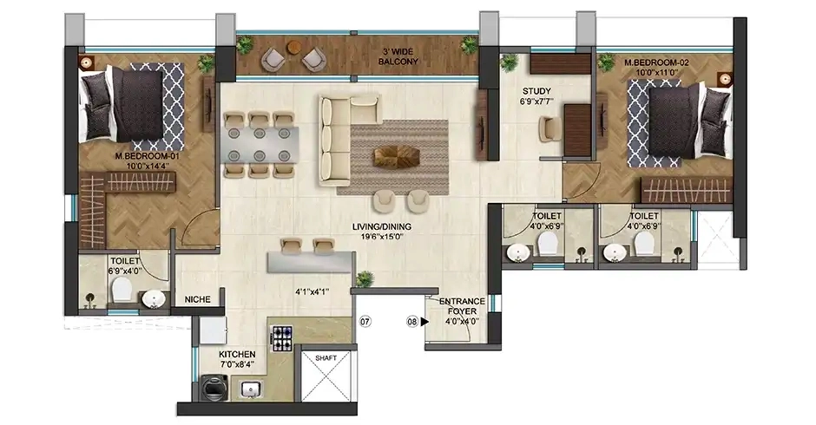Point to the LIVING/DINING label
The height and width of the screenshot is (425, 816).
(375, 227)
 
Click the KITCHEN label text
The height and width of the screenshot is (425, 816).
(236, 355)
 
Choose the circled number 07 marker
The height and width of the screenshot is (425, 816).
(365, 322)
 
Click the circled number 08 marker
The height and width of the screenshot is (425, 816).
(411, 322)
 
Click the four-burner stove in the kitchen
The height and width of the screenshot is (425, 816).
(283, 337)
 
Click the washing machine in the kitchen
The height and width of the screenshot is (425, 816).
(209, 388)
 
